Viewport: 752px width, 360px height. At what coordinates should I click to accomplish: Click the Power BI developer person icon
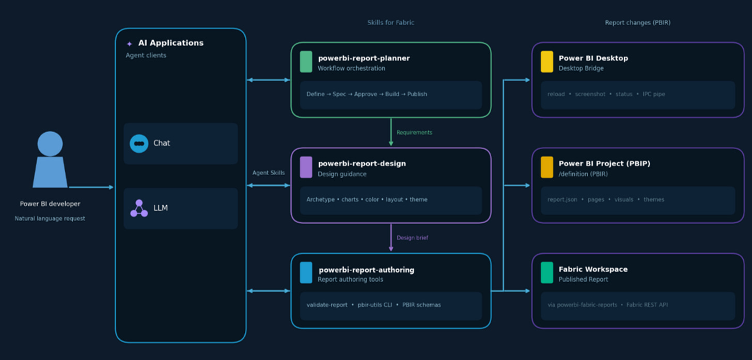50,159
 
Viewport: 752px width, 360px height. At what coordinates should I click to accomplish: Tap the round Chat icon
139,144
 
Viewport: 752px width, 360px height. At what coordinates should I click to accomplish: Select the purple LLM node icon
139,208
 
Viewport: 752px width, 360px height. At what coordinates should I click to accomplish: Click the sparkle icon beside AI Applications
129,44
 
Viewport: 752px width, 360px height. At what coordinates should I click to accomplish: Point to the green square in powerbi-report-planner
306,61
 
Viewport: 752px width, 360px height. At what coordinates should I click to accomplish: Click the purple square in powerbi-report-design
306,167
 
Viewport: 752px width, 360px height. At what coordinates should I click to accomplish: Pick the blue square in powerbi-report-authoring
306,273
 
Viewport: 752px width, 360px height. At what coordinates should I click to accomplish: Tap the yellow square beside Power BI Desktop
547,61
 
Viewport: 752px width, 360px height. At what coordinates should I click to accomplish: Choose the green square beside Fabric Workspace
547,273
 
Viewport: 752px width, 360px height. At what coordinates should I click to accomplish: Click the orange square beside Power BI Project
547,167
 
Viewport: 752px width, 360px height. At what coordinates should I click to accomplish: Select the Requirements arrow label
414,132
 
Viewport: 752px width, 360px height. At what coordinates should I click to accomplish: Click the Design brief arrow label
412,238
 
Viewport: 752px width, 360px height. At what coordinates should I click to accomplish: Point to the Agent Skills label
268,173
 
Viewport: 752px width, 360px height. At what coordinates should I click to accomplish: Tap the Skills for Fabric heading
390,23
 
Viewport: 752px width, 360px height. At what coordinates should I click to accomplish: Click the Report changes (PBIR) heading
637,23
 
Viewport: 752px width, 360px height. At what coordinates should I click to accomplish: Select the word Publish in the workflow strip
417,94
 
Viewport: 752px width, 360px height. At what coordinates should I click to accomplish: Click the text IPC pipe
654,94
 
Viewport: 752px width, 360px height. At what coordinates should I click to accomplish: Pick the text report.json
562,199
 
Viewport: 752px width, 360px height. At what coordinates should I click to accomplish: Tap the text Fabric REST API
647,305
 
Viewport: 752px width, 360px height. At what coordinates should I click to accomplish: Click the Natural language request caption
50,218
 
